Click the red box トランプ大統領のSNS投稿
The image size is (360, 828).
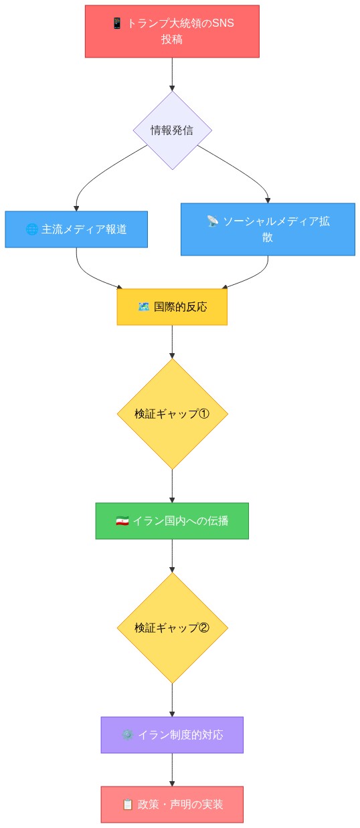(x=172, y=31)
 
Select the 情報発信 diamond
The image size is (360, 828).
(x=172, y=130)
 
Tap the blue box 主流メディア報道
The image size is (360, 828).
(x=76, y=229)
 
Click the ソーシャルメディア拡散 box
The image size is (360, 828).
(x=268, y=229)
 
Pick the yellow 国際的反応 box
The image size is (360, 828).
(x=172, y=307)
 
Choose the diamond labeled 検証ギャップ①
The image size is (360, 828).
(x=172, y=414)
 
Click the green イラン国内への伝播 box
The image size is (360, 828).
(x=172, y=521)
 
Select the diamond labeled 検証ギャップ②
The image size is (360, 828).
(x=172, y=628)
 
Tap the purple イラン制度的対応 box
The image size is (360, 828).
(x=172, y=735)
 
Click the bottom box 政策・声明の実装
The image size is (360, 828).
(x=172, y=805)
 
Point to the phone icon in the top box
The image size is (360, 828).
(x=117, y=23)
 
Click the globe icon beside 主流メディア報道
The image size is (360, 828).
(x=31, y=229)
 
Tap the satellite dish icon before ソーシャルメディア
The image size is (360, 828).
(x=213, y=221)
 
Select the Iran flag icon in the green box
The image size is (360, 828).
(x=122, y=521)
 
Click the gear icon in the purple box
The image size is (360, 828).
(x=128, y=735)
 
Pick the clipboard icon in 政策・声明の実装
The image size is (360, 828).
(x=128, y=805)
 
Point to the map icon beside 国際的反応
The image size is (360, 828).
(x=143, y=307)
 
